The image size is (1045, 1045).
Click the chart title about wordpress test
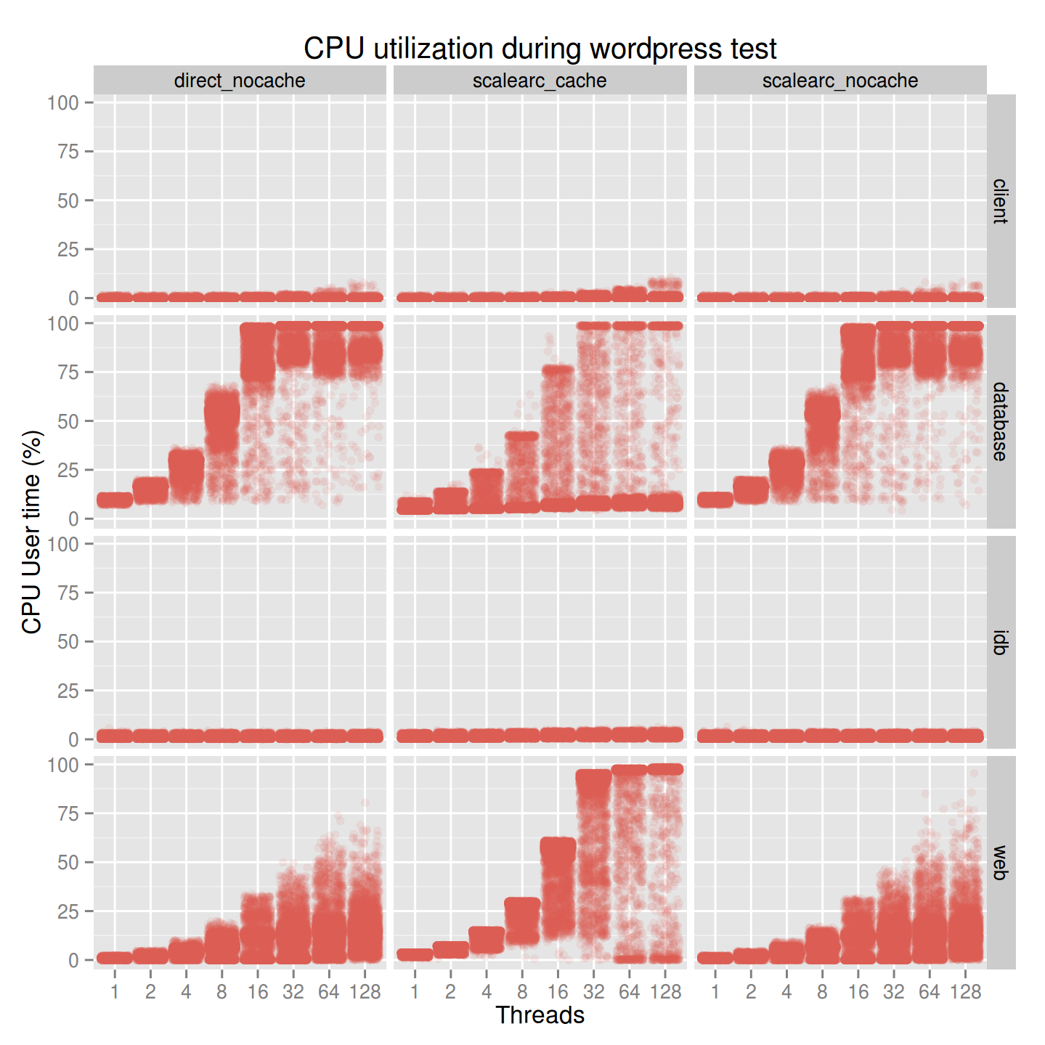pyautogui.click(x=540, y=49)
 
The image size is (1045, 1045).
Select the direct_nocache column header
pyautogui.click(x=240, y=81)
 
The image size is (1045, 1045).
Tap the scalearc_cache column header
pyautogui.click(x=540, y=81)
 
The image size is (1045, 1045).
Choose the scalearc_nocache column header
pyautogui.click(x=840, y=81)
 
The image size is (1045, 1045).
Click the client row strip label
pyautogui.click(x=1000, y=201)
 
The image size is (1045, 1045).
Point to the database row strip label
pyautogui.click(x=1000, y=421)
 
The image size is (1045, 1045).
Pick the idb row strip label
pyautogui.click(x=1000, y=642)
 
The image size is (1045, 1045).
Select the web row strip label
pyautogui.click(x=1000, y=862)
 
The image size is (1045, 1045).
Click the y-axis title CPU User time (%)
pyautogui.click(x=32, y=532)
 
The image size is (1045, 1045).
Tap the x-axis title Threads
pyautogui.click(x=540, y=1015)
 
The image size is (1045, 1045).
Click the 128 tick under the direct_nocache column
pyautogui.click(x=365, y=992)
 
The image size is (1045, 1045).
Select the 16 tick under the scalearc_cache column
pyautogui.click(x=558, y=992)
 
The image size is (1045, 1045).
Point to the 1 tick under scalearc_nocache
pyautogui.click(x=715, y=992)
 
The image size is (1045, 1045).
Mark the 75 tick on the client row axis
pyautogui.click(x=68, y=152)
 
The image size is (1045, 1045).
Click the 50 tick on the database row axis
pyautogui.click(x=68, y=421)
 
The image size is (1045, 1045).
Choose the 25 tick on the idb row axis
pyautogui.click(x=68, y=691)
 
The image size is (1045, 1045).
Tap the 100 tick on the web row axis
pyautogui.click(x=63, y=765)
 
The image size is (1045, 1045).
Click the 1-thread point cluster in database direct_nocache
pyautogui.click(x=115, y=500)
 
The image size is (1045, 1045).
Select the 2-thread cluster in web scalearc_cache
pyautogui.click(x=450, y=949)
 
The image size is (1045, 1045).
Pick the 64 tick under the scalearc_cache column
pyautogui.click(x=629, y=992)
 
